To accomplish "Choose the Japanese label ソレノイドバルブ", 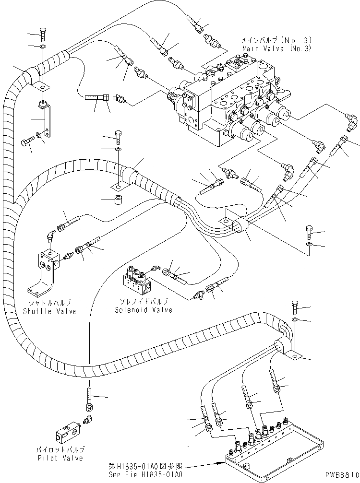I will pos(142,302).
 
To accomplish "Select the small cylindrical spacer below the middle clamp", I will pos(116,199).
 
